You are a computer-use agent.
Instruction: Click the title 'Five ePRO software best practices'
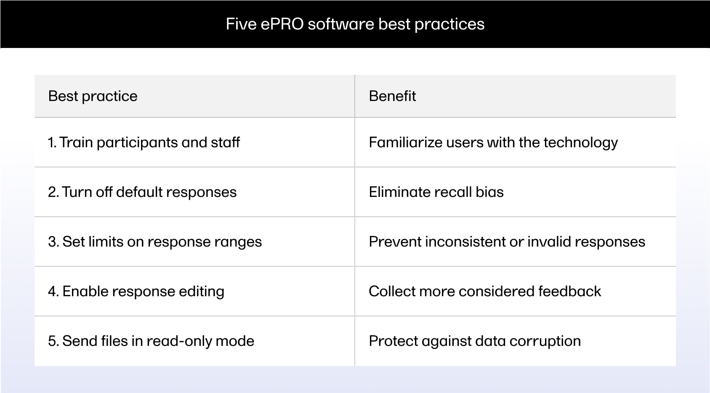355,24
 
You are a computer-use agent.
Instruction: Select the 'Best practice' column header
93,96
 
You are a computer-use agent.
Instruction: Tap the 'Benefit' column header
392,96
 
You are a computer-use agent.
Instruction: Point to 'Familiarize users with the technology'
493,143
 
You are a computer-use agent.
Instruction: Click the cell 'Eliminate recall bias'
436,192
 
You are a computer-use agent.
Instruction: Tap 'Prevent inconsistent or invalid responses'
507,242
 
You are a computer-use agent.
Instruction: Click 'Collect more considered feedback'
485,291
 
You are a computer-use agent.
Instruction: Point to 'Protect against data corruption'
475,341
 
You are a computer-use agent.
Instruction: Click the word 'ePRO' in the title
282,24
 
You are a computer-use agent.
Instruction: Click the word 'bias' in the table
489,192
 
